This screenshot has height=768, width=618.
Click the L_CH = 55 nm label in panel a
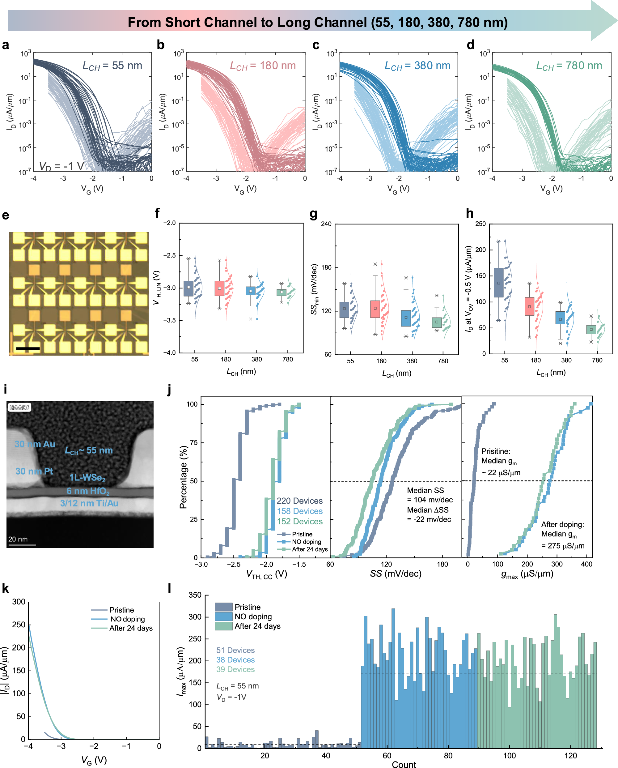(x=112, y=66)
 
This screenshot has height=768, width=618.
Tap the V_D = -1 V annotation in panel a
(x=61, y=166)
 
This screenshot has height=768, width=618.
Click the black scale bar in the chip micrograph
(x=28, y=348)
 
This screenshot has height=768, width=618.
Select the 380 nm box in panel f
(x=251, y=291)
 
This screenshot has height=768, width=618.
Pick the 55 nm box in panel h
(x=498, y=283)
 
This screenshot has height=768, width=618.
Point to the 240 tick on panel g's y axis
(x=326, y=224)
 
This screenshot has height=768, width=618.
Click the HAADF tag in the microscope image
(x=19, y=407)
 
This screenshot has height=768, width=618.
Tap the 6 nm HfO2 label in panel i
(x=88, y=491)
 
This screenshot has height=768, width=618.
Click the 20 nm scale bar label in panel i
(x=18, y=539)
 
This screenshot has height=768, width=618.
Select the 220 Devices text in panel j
(x=299, y=501)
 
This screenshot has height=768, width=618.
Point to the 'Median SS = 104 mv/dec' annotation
(x=430, y=495)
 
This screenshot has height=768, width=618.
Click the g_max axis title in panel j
(x=527, y=574)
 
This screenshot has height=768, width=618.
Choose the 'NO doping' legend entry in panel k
(x=127, y=619)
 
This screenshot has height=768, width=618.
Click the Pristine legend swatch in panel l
(x=224, y=607)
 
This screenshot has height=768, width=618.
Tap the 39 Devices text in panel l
(x=235, y=669)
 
